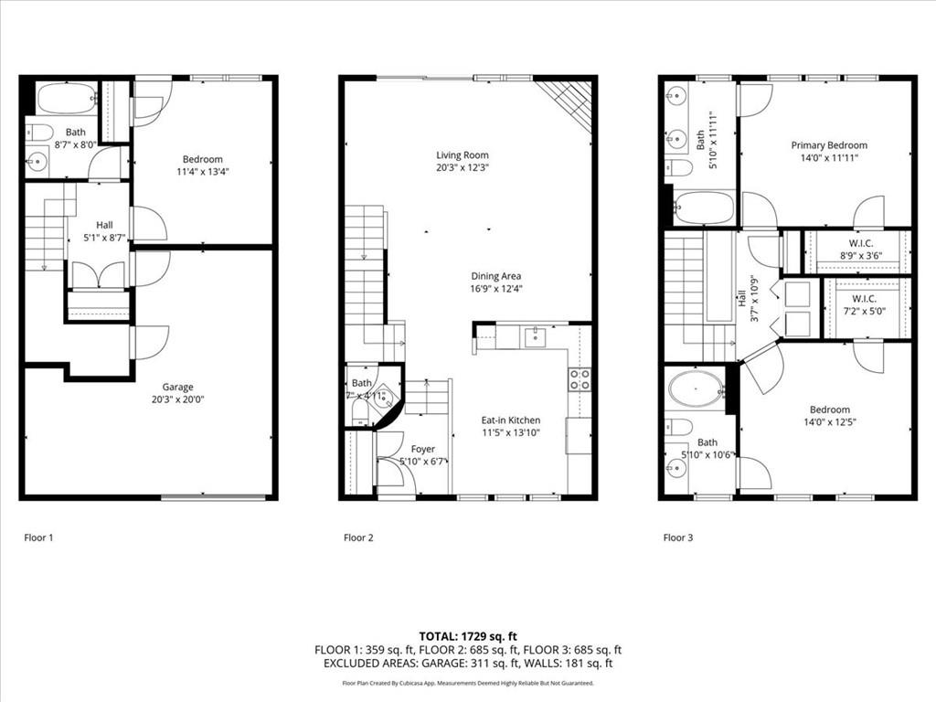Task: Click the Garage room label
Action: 173,387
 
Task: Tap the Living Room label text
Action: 462,155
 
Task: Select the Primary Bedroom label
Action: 829,145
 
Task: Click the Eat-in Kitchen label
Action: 510,420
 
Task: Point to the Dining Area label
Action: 495,276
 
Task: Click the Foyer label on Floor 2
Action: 422,449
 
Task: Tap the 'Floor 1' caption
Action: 38,537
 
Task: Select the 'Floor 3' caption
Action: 677,537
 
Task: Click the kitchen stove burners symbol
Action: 580,379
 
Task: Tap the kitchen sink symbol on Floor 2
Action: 534,337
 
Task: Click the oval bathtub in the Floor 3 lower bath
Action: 695,388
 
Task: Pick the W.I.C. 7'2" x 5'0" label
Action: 868,304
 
